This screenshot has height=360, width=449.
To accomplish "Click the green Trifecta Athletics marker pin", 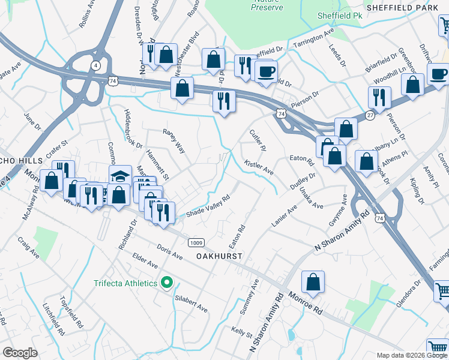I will pyautogui.click(x=168, y=283).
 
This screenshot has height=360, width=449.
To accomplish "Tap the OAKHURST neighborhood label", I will pyautogui.click(x=219, y=256).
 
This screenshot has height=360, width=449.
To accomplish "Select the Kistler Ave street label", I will pyautogui.click(x=259, y=167).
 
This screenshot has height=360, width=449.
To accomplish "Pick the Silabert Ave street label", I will pyautogui.click(x=190, y=303).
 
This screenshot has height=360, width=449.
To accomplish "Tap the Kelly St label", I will pyautogui.click(x=241, y=332).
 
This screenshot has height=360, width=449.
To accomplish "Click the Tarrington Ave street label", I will pyautogui.click(x=313, y=39).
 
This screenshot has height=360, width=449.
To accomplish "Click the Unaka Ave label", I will pyautogui.click(x=311, y=197).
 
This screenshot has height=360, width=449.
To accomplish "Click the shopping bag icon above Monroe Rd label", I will pyautogui.click(x=313, y=281).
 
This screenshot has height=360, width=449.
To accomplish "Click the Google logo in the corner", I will pyautogui.click(x=19, y=353).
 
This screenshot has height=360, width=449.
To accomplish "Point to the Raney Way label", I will pyautogui.click(x=174, y=141).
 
